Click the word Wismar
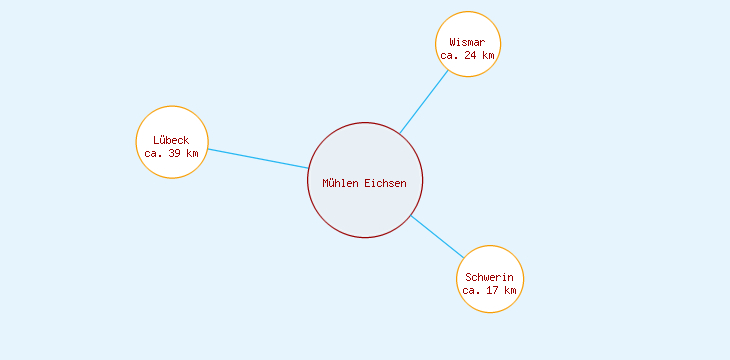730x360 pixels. [467, 42]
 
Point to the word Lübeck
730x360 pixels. [171, 140]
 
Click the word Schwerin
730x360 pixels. [490, 277]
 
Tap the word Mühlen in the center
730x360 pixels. [340, 183]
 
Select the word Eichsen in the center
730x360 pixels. [385, 183]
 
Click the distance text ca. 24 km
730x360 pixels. [467, 56]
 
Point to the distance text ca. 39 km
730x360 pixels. [171, 153]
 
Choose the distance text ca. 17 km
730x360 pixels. [490, 290]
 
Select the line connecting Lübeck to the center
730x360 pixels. [258, 158]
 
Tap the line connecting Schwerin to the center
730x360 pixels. [437, 236]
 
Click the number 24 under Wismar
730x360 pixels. [471, 56]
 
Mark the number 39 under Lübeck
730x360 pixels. [175, 153]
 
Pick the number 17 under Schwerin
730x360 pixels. [493, 290]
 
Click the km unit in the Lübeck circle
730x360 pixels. [192, 153]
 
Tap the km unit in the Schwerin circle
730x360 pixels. [510, 290]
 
